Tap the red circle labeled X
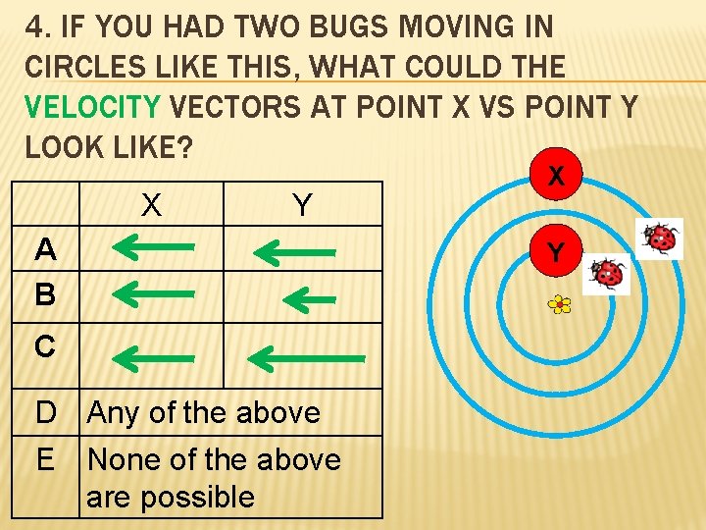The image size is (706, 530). point(556,177)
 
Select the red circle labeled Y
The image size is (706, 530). point(556,253)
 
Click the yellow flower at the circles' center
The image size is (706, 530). point(559,305)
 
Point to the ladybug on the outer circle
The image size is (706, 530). point(659,238)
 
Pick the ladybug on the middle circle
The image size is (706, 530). point(608,274)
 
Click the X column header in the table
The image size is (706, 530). point(150,206)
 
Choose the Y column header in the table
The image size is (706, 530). point(302,206)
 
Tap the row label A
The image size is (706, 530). point(44,250)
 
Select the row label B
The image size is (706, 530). point(44,294)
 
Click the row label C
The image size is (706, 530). point(44,346)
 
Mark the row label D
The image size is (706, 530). point(45,412)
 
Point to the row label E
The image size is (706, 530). point(44,458)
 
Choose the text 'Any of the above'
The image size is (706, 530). point(204,412)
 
